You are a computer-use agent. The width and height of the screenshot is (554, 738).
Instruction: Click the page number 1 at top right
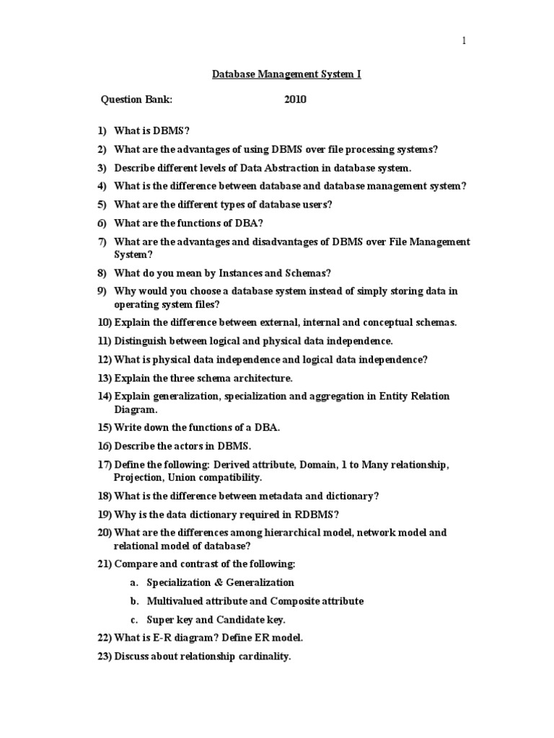coord(465,41)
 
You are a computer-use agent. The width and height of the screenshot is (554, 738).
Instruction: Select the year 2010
coord(295,99)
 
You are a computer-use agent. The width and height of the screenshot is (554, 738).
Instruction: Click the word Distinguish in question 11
coord(143,340)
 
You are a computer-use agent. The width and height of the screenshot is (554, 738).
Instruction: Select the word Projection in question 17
coord(138,477)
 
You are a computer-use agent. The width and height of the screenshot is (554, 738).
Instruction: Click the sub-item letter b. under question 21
coord(134,600)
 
